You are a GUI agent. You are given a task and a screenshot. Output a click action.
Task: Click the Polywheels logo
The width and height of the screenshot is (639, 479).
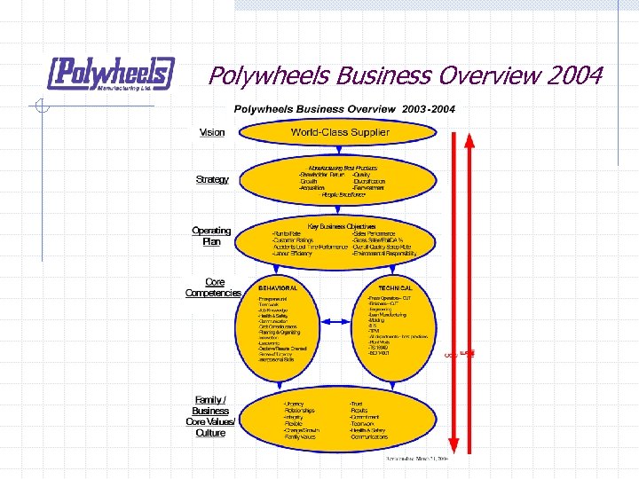(111, 74)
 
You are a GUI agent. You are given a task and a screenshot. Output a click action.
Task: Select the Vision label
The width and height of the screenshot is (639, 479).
(212, 132)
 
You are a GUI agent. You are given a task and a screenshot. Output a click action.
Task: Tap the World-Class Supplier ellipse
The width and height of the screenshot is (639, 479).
(340, 132)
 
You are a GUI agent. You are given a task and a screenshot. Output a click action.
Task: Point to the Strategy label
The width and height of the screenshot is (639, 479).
(212, 179)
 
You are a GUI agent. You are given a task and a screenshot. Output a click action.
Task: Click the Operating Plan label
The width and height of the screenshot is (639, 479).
(211, 236)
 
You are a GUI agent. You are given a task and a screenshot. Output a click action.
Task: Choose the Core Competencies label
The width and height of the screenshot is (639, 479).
(213, 287)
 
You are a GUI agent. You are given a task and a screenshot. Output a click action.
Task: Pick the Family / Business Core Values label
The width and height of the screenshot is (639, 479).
(211, 415)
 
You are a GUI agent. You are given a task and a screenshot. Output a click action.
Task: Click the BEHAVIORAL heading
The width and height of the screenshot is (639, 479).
(278, 288)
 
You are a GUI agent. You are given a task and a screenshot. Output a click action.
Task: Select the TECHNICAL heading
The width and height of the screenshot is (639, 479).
(395, 288)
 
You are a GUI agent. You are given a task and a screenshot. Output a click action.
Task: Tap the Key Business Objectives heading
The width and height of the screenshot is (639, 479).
(342, 225)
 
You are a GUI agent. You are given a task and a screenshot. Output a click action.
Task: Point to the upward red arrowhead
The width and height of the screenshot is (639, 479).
(470, 140)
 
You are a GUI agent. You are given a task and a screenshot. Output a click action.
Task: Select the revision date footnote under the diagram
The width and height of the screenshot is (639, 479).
(416, 459)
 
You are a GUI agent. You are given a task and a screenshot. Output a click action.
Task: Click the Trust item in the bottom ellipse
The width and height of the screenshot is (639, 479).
(355, 404)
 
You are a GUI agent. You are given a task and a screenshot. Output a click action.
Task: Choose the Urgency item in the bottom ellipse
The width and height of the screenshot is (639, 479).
(294, 404)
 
